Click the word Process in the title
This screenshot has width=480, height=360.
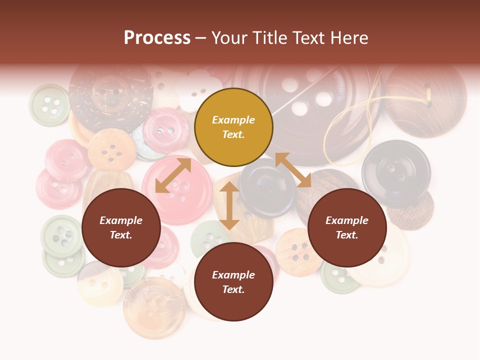point(157,38)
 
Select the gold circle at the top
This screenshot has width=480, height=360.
point(233,127)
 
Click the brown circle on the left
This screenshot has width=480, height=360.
point(121,228)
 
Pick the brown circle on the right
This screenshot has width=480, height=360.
point(347,228)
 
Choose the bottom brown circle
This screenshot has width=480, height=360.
point(233,282)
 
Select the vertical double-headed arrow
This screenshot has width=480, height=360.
point(229,205)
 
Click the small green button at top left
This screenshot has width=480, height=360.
point(49,104)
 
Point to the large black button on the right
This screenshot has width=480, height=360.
point(396,172)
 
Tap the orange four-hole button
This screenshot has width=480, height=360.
point(111,149)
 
